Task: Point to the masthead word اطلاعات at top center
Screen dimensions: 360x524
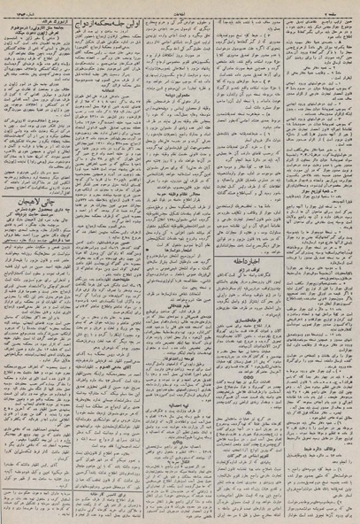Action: tap(180, 5)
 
